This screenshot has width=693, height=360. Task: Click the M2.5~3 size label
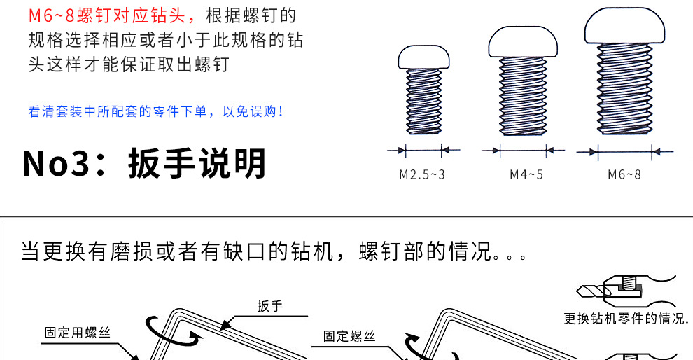tap(421, 174)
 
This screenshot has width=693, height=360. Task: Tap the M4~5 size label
tap(526, 174)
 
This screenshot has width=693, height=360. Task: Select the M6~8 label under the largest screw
tap(624, 174)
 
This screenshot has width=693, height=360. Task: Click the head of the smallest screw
tap(423, 58)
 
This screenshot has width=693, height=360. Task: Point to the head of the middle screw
tap(524, 43)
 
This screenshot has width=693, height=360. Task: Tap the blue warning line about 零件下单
tap(156, 111)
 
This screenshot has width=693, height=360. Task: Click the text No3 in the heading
tap(57, 164)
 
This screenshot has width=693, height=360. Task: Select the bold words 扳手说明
tap(197, 164)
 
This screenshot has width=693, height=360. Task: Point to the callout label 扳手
tap(269, 305)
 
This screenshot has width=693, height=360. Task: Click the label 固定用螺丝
tap(77, 333)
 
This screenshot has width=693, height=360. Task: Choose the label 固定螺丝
tap(349, 336)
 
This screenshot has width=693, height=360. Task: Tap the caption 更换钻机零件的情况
tap(626, 318)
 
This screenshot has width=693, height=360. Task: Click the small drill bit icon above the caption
tap(592, 289)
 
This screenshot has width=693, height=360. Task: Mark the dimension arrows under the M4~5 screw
tap(523, 150)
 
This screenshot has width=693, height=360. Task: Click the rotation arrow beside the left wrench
tap(157, 329)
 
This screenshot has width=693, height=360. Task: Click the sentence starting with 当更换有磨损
tap(273, 251)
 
